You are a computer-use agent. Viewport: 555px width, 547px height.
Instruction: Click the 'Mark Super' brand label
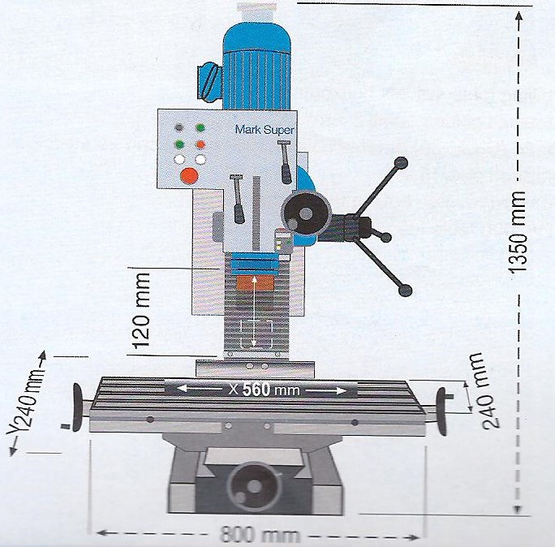tap(265, 130)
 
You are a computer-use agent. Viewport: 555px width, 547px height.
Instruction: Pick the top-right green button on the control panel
tap(200, 128)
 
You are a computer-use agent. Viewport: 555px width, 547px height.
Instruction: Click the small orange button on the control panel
tap(200, 144)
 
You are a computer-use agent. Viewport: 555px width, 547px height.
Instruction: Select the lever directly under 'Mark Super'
tap(285, 163)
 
